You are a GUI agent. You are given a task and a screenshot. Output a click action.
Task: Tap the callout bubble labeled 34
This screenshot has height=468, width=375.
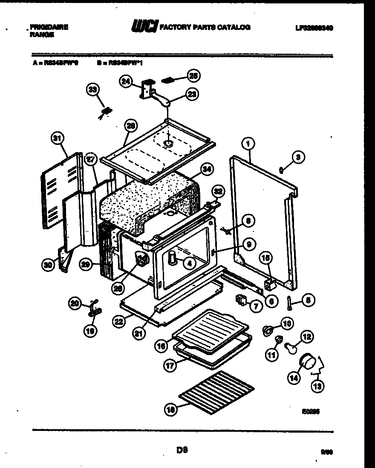[207, 170]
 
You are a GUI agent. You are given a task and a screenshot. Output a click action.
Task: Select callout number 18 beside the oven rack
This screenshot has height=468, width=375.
[170, 410]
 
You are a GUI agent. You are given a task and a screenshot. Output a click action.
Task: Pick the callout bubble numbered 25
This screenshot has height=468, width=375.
[194, 76]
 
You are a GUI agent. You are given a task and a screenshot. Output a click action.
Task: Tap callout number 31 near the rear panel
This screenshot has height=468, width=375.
[57, 138]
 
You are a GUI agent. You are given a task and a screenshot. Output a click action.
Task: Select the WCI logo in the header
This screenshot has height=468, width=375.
[145, 27]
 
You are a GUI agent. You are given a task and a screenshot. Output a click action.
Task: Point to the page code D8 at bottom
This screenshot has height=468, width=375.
[182, 449]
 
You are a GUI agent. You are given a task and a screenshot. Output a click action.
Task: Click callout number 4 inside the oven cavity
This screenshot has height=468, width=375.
[189, 263]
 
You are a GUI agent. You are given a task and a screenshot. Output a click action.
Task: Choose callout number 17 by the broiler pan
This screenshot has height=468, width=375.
[170, 365]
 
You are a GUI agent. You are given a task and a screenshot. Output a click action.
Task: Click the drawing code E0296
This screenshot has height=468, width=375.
[312, 412]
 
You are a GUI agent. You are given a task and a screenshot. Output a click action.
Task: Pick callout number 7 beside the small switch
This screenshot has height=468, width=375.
[256, 306]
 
